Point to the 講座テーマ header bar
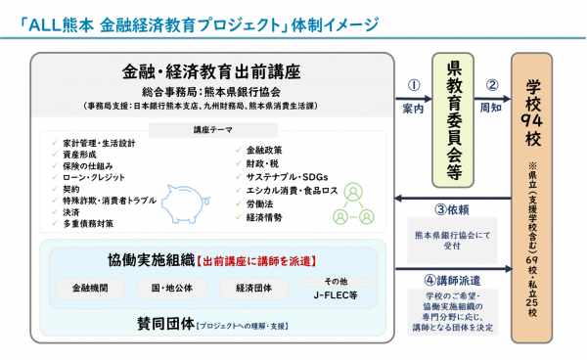coord(211,130)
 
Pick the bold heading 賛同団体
coord(163,323)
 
